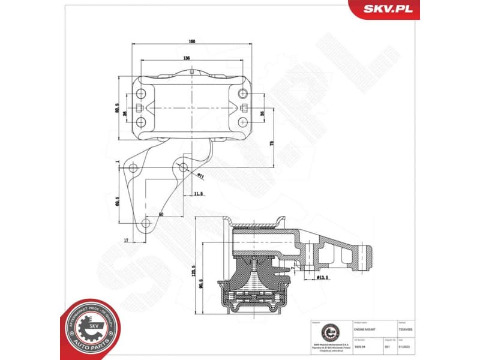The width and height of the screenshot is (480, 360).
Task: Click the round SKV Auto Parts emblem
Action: [91, 329]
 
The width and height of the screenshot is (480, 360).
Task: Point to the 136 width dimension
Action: [187, 58]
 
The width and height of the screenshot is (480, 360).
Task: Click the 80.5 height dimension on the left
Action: [117, 109]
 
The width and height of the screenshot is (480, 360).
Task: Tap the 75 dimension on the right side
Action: [272, 144]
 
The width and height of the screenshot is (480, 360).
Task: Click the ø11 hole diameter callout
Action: [200, 176]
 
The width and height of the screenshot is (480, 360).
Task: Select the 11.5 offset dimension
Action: [199, 193]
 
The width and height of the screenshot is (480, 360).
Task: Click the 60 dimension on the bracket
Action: [161, 214]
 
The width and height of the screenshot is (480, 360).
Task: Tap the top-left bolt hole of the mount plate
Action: [140, 94]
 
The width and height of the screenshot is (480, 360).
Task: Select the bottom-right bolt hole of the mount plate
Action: [242, 122]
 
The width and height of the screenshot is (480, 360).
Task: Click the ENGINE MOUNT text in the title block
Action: [366, 331]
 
